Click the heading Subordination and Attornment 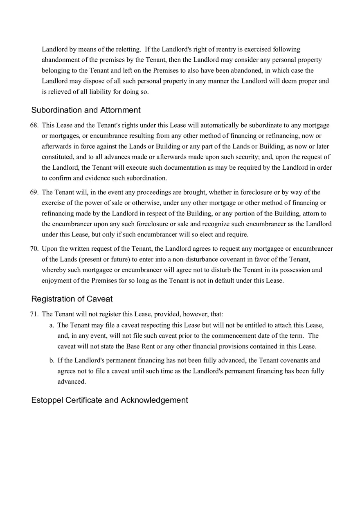(85, 110)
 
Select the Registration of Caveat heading (72, 299)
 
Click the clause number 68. (34, 125)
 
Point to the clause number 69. (34, 192)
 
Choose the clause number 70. (34, 249)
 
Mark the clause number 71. (34, 314)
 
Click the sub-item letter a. (52, 325)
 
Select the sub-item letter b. (52, 360)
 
